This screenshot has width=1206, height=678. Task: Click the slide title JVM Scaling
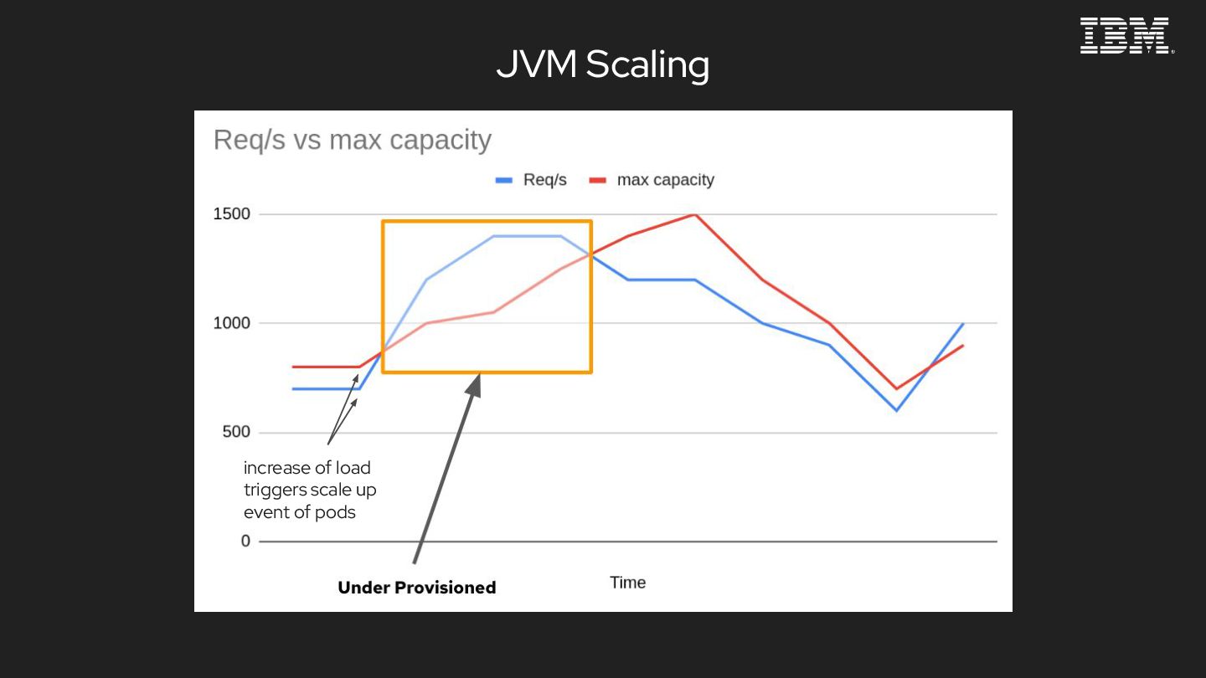602,64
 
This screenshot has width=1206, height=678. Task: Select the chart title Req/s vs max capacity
352,140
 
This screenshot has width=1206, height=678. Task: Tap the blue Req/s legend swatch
503,180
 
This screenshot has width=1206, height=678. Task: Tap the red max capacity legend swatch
597,180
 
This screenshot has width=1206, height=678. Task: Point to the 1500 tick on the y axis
232,214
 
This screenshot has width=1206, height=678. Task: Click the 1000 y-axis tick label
232,323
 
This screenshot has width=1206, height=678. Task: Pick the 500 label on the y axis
237,433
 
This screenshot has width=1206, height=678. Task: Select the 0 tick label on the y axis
245,542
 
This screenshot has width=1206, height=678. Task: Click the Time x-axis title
627,583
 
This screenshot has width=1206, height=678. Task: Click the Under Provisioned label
416,588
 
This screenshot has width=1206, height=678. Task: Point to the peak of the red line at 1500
694,214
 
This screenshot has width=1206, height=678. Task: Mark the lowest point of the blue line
896,410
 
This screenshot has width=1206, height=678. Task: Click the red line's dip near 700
896,388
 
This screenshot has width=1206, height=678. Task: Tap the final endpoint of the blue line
963,323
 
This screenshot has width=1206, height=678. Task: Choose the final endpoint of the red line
963,345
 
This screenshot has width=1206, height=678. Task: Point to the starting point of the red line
293,367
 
